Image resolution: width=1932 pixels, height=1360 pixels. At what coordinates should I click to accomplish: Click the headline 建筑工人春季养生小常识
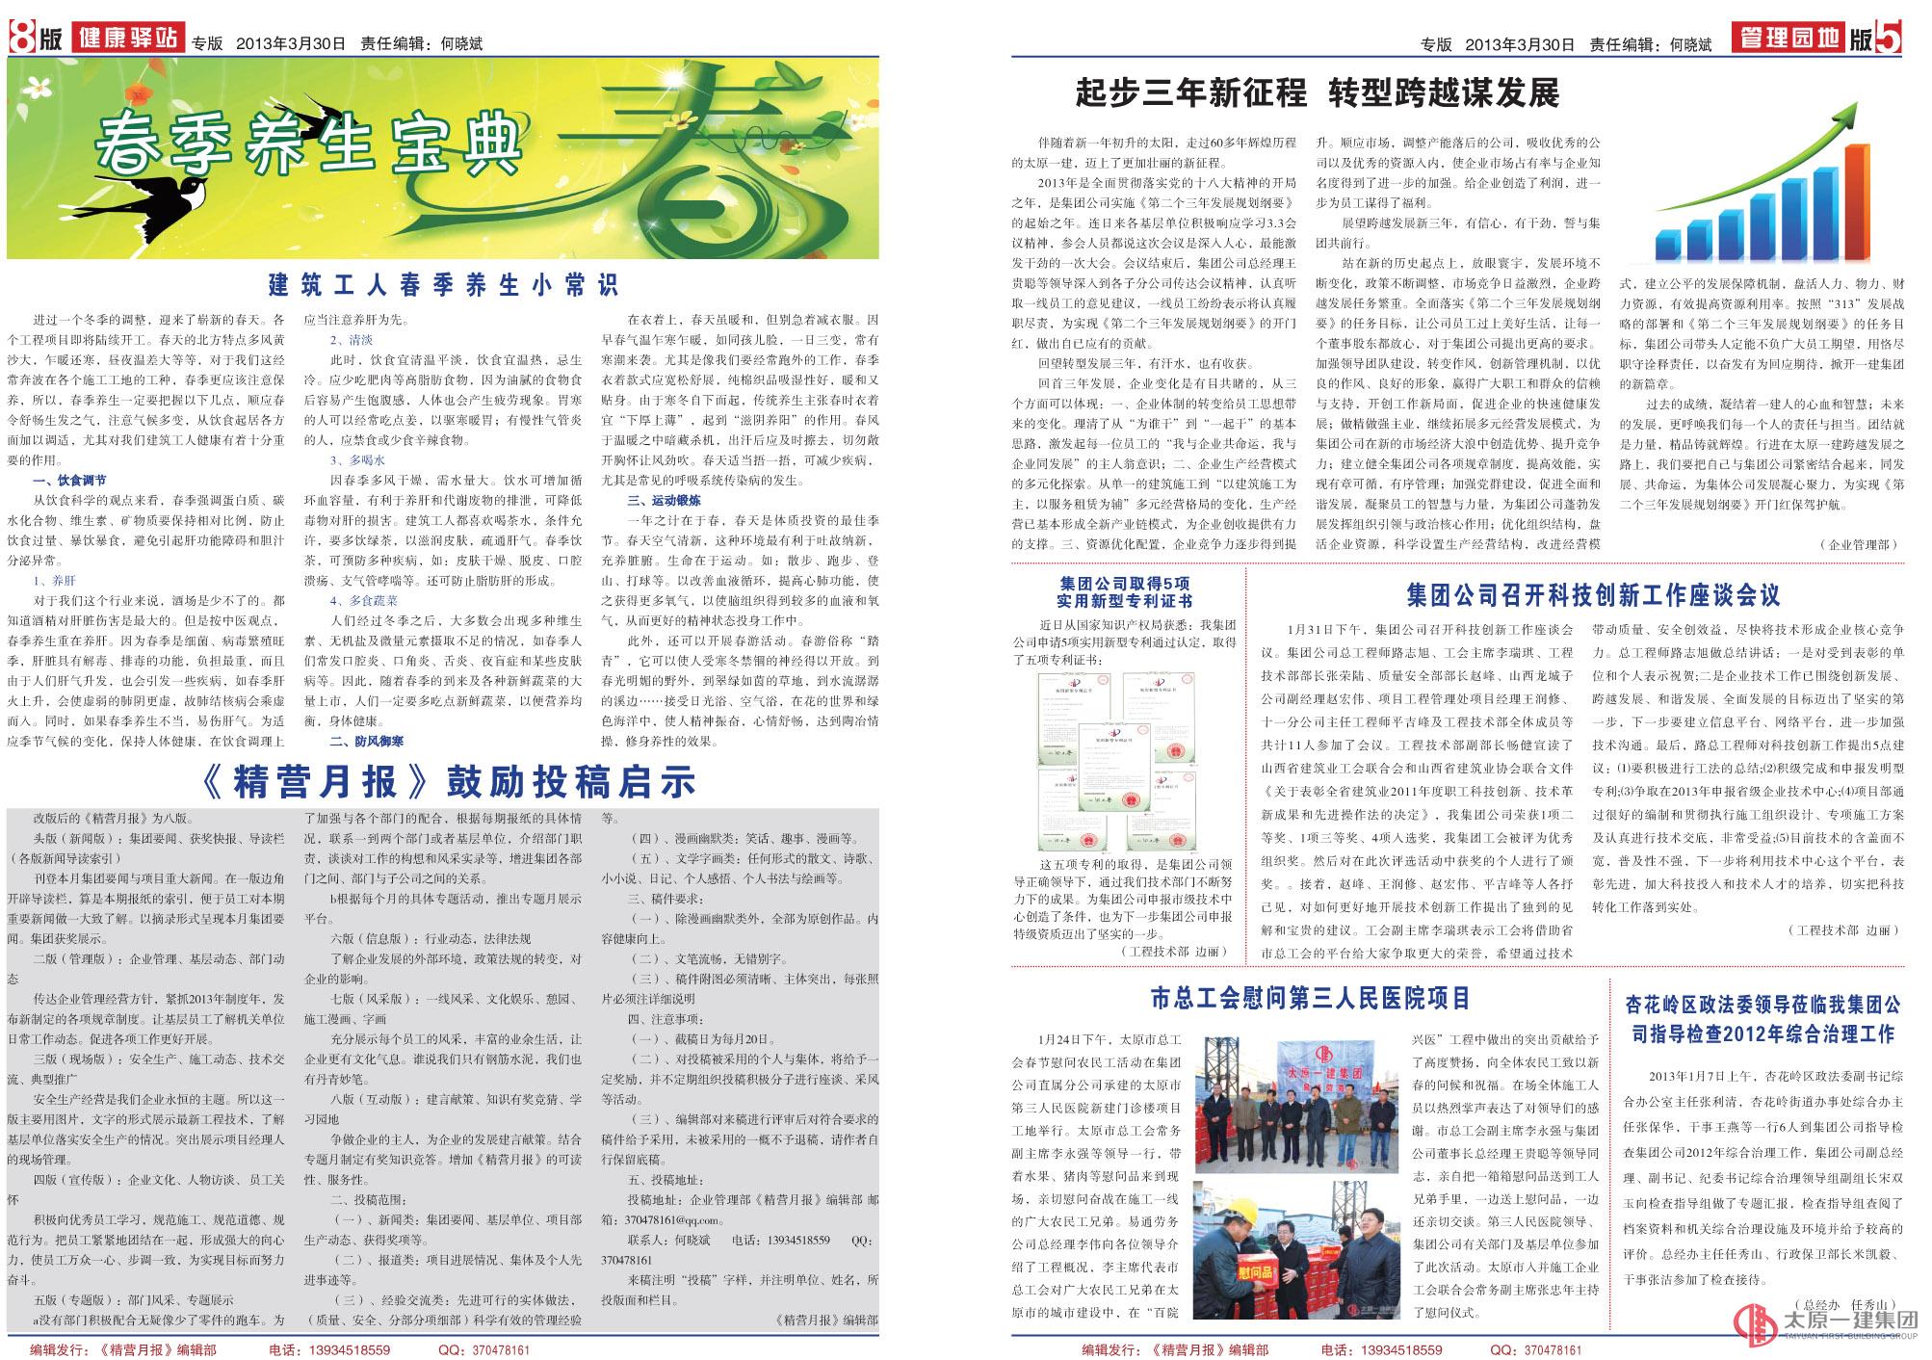[x=443, y=285]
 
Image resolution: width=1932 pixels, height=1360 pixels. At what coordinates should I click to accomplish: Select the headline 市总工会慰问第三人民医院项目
[x=1311, y=998]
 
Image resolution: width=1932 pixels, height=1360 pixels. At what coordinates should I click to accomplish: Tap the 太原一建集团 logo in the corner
[x=1820, y=1327]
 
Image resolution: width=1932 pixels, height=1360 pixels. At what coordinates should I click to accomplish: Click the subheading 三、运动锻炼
[x=665, y=500]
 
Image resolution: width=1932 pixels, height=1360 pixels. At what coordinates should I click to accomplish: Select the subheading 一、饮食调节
[x=69, y=480]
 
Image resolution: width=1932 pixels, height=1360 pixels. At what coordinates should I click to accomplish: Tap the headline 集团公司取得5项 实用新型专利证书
[x=1124, y=592]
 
